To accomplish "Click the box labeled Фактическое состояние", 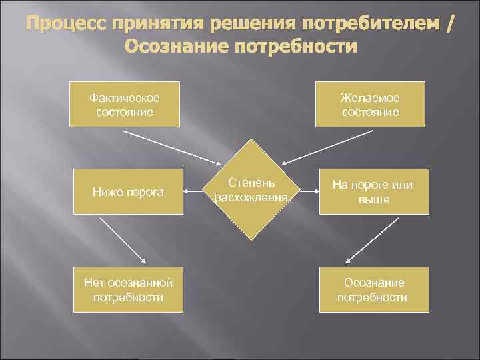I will pyautogui.click(x=125, y=104).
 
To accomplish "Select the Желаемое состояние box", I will pyautogui.click(x=370, y=104).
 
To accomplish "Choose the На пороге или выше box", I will pyautogui.click(x=373, y=192).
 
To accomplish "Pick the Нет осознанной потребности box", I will pyautogui.click(x=128, y=289).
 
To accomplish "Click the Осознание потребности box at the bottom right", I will pyautogui.click(x=373, y=289).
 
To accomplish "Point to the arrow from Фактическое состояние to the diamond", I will pyautogui.click(x=173, y=146).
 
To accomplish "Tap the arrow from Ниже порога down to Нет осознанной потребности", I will pyautogui.click(x=125, y=239).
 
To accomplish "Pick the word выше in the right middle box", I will pyautogui.click(x=373, y=199).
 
